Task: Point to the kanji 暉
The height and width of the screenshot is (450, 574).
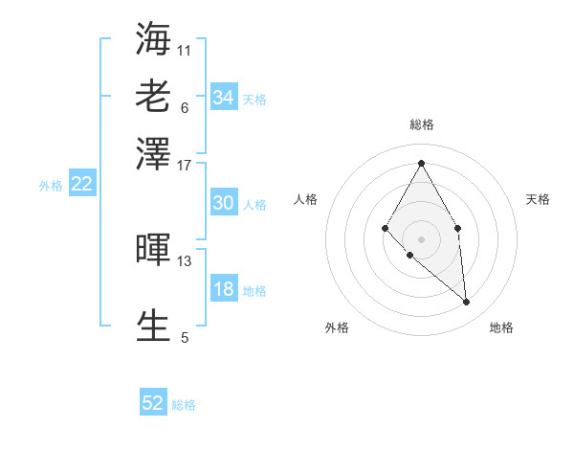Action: [x=154, y=249]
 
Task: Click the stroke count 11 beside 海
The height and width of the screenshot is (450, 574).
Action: [x=185, y=49]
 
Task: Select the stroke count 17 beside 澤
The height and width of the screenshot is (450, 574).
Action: [x=185, y=164]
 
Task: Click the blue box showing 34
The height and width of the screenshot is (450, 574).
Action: [x=223, y=98]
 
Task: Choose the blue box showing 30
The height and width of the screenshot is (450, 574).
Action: [x=223, y=203]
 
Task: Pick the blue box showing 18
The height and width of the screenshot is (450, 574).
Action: [x=223, y=290]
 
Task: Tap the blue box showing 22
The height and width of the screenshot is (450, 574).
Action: [x=81, y=185]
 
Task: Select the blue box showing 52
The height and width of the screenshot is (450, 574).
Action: [x=153, y=403]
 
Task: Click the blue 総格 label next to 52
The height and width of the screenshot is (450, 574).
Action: [x=184, y=405]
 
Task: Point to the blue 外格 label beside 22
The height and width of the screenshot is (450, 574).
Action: [x=50, y=186]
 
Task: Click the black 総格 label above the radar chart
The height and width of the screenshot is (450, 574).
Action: [x=421, y=124]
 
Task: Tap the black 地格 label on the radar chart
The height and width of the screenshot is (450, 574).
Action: [x=501, y=328]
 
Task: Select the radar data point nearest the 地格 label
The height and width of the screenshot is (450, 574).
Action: [x=466, y=302]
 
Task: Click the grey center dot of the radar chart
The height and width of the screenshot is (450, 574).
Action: [x=421, y=238]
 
